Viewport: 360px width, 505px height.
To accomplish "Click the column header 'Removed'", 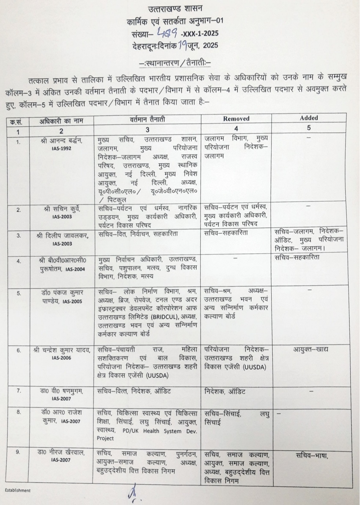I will click(x=236, y=118).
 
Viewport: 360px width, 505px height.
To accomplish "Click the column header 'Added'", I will click(x=309, y=118).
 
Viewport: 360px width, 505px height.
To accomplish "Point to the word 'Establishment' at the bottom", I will click(x=18, y=490).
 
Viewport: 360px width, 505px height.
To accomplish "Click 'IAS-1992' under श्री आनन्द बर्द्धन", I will click(x=61, y=148).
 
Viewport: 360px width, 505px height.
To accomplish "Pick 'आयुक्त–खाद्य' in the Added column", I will click(x=310, y=349).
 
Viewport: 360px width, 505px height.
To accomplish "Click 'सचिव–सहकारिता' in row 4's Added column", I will click(x=297, y=257).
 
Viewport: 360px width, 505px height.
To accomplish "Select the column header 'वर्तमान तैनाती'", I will click(x=147, y=119).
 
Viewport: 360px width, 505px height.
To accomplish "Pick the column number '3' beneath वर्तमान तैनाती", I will click(x=148, y=129).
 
